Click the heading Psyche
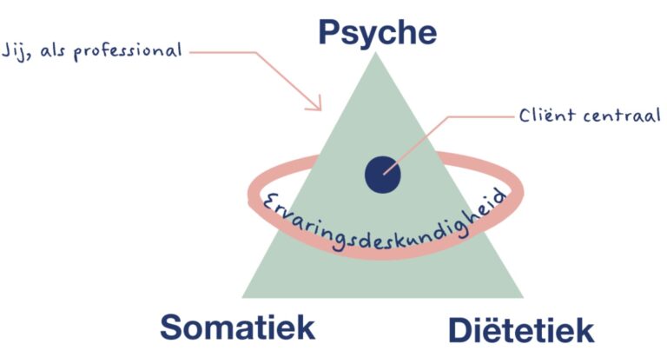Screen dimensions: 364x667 (x=377, y=31)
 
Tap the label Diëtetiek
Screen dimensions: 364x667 (x=520, y=330)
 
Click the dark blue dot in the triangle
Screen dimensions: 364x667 (x=383, y=174)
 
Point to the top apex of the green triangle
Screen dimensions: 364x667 (x=376, y=54)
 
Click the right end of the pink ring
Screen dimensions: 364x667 (x=521, y=187)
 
